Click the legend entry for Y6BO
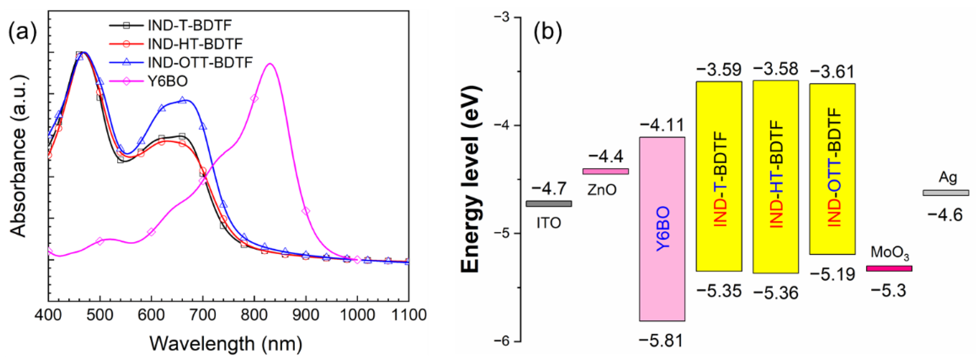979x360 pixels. tap(167, 81)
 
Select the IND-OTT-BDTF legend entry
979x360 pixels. tap(200, 62)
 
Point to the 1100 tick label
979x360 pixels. tap(409, 315)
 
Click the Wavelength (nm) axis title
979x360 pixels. tap(226, 343)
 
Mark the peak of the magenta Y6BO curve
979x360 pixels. tap(270, 64)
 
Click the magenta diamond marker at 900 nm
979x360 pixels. tap(306, 211)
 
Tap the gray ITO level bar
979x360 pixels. tap(549, 204)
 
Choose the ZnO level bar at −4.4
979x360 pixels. tap(605, 172)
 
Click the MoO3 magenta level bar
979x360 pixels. tap(889, 269)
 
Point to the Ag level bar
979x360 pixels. tap(946, 193)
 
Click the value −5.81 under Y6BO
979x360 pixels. tap(661, 340)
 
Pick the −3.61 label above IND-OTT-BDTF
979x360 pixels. tap(832, 71)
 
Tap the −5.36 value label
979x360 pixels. tap(776, 293)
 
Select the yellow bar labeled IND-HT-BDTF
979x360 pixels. tap(775, 177)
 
